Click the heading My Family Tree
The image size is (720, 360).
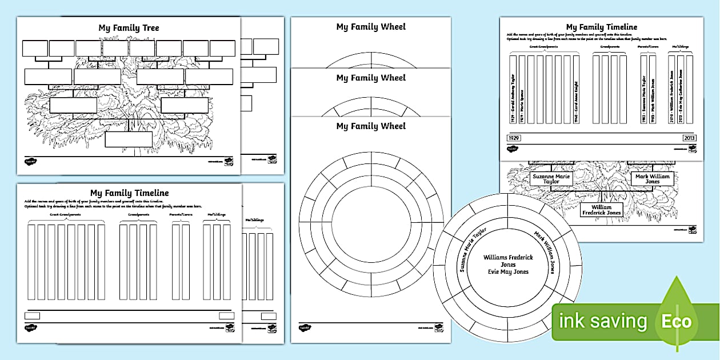tap(128, 28)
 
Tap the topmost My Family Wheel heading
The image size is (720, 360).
tap(371, 27)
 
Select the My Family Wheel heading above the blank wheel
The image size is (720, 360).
tap(371, 126)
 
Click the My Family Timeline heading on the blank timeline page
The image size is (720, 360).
tap(129, 193)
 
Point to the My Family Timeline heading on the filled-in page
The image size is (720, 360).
tap(601, 27)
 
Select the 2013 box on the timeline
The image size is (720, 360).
tap(689, 138)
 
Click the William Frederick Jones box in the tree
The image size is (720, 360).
tap(601, 209)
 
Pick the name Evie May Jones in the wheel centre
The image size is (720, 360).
tap(507, 271)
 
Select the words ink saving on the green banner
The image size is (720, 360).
tap(602, 321)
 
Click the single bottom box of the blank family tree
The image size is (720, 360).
tap(129, 139)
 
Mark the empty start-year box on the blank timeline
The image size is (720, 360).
tap(33, 315)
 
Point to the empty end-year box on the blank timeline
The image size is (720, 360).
tap(227, 315)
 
